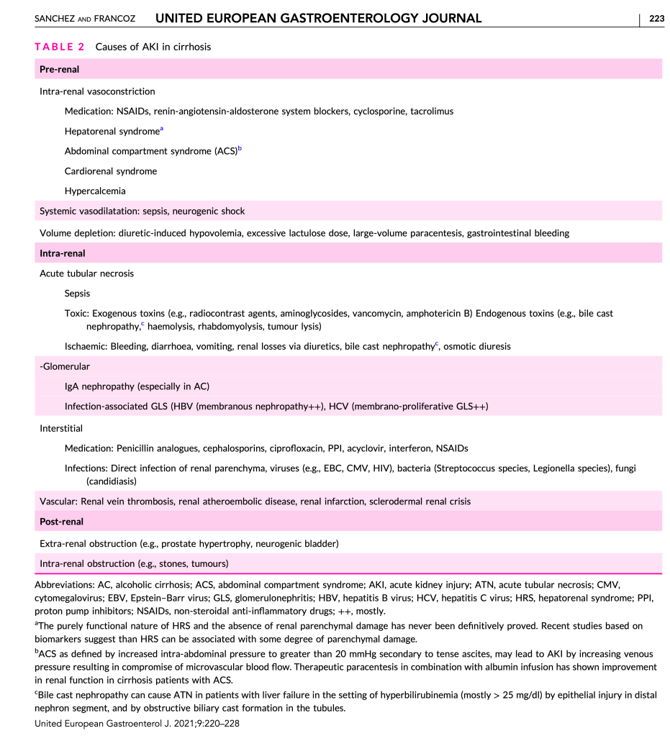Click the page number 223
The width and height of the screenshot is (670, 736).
656,18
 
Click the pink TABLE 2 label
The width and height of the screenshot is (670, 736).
60,47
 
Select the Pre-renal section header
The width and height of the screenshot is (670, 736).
60,70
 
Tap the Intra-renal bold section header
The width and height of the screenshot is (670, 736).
63,253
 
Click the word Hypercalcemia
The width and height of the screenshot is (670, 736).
95,191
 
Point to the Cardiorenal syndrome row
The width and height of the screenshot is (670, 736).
111,171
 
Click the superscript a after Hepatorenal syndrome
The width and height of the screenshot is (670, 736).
162,129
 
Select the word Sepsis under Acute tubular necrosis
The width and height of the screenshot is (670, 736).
78,294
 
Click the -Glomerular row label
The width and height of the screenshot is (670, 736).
65,367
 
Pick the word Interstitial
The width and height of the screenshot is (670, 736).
61,428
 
